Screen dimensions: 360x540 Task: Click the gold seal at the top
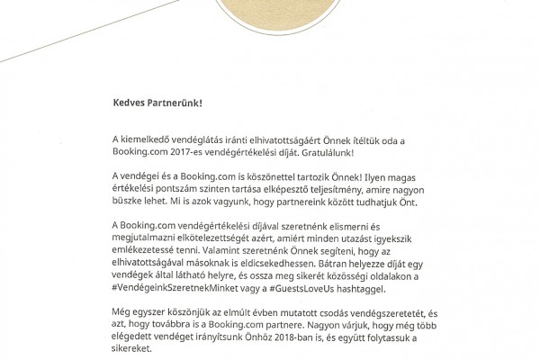[x=269, y=18]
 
